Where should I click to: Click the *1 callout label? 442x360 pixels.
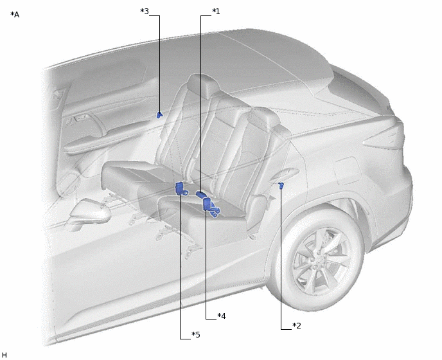pos(216,12)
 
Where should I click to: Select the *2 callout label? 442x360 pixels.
pos(297,325)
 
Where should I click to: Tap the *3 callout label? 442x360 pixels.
pos(145,12)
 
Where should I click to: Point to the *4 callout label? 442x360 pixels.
pos(222,316)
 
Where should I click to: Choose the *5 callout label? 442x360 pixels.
pos(196,335)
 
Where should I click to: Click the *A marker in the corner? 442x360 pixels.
pos(15,15)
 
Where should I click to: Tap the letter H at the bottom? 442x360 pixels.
pos(4,355)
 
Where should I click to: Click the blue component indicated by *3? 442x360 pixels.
pos(159,114)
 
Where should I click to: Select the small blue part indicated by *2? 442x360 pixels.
pos(281,184)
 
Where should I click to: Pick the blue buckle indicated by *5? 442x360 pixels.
pos(181,189)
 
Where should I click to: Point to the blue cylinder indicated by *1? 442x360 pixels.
pos(200,194)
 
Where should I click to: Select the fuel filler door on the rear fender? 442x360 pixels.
pos(347,170)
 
